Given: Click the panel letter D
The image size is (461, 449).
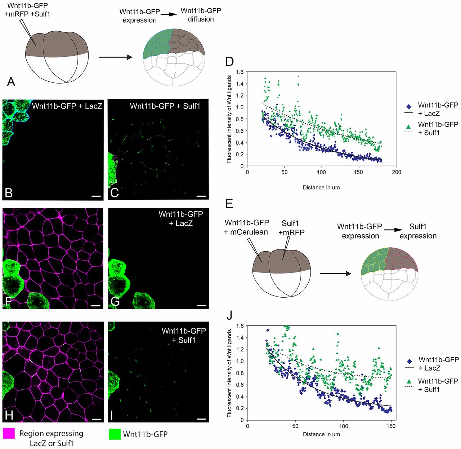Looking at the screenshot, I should click(x=229, y=61).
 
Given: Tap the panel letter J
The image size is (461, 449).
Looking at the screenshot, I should click(x=229, y=315).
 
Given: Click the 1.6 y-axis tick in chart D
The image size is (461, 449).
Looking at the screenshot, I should click(x=240, y=72).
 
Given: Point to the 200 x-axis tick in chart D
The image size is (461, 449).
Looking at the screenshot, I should click(x=396, y=172).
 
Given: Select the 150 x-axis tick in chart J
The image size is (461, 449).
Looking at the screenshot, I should click(x=391, y=426).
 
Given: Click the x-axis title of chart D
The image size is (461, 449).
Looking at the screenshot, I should click(x=321, y=187).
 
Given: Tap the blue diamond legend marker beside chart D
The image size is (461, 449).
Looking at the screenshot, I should click(x=408, y=107).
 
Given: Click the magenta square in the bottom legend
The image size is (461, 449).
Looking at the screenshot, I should click(x=9, y=433).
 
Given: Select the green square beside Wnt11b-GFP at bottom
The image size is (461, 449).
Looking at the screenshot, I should click(x=115, y=434).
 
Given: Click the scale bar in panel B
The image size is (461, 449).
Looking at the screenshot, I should click(x=95, y=196).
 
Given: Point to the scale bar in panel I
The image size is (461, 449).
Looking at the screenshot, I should click(x=201, y=419).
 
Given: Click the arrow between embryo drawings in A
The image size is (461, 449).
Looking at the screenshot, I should click(x=115, y=57).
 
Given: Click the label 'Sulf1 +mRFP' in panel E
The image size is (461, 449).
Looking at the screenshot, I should click(x=291, y=228).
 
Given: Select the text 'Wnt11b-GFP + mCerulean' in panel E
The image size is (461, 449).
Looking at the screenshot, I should click(x=246, y=228).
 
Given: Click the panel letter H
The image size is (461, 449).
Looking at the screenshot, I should click(x=9, y=415).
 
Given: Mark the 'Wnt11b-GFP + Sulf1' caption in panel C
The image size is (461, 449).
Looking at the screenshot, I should click(x=165, y=106).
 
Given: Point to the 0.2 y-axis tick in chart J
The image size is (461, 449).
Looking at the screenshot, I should click(x=240, y=408).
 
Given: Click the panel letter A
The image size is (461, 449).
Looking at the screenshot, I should click(x=11, y=82).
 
